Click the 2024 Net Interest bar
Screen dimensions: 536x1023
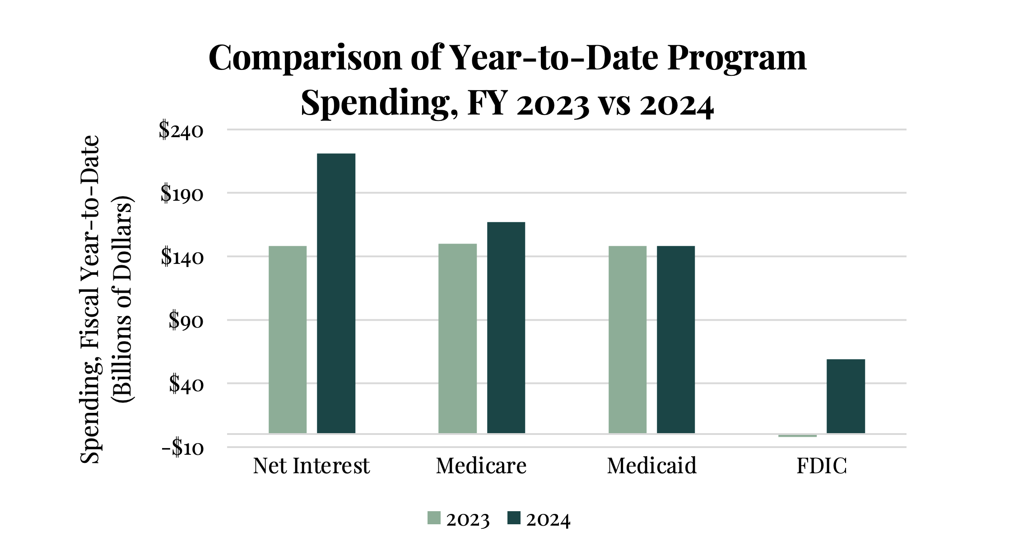[336, 293]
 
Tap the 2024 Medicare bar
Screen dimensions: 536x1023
[506, 328]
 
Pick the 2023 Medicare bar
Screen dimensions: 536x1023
[457, 338]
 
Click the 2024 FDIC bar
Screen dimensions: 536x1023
[846, 396]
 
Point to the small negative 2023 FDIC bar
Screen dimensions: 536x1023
[797, 435]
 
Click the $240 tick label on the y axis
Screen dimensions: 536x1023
[181, 131]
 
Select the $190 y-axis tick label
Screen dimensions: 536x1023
[182, 194]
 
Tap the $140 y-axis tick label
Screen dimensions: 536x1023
[182, 258]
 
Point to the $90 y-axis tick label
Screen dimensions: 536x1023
[186, 321]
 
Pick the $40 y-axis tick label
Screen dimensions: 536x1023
[186, 384]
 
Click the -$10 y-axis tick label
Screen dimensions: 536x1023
[182, 448]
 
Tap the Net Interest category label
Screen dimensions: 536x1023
[311, 466]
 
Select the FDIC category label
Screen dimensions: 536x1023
[822, 466]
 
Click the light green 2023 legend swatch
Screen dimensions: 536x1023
[434, 518]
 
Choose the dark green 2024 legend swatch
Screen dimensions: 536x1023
[514, 518]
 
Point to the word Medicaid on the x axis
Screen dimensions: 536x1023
[651, 466]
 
